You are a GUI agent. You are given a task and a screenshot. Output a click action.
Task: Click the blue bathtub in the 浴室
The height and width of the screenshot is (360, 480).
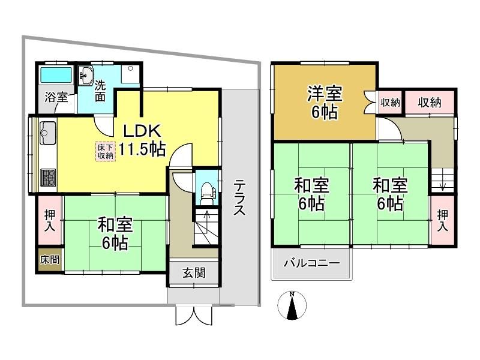(x=56, y=74)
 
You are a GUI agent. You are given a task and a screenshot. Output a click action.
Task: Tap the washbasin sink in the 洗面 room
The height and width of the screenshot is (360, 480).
(x=86, y=74)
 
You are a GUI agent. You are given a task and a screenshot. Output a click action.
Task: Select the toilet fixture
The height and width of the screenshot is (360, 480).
(x=207, y=192)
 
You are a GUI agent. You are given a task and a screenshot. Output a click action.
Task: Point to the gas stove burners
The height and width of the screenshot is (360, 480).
(x=48, y=178)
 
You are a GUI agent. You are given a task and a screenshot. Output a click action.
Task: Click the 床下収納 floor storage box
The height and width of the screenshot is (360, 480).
(x=106, y=151)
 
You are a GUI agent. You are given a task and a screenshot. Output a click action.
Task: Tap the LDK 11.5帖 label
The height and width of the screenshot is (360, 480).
(x=142, y=140)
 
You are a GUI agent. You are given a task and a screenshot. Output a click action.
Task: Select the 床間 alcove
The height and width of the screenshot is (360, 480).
(x=50, y=260)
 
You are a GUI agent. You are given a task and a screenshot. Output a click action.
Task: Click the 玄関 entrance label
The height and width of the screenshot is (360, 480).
(x=194, y=273)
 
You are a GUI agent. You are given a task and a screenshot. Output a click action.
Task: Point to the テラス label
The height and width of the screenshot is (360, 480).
(x=239, y=197)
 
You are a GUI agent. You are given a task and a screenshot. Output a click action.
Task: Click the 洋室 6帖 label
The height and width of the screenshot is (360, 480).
(x=325, y=103)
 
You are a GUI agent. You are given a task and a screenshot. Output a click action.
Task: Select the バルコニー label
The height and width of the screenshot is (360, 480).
(x=311, y=263)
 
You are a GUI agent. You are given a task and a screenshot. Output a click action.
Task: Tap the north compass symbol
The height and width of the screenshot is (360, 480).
(x=292, y=305)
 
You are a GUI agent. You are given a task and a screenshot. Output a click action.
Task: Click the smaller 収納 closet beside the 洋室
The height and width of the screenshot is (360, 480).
(x=390, y=103)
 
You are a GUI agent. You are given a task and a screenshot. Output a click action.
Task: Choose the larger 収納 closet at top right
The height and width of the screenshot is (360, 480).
(x=430, y=103)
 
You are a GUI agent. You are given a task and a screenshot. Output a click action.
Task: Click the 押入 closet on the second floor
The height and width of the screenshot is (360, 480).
(x=442, y=220)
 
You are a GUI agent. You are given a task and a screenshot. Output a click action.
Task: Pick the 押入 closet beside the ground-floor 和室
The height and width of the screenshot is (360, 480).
(x=50, y=220)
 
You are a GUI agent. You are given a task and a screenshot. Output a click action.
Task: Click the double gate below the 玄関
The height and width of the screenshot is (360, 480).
(x=194, y=316)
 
